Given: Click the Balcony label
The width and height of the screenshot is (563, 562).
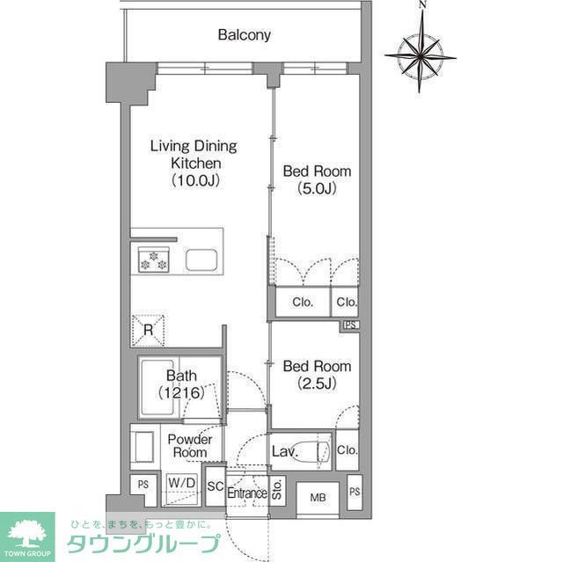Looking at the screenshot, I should tap(244, 36).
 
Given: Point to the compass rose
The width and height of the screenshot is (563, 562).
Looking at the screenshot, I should tap(420, 53).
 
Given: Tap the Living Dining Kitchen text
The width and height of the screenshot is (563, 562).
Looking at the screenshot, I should tap(194, 163).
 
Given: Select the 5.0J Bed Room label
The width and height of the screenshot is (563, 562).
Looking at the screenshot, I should tap(317, 179).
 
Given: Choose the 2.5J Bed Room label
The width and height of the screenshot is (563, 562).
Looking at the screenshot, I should tap(317, 374).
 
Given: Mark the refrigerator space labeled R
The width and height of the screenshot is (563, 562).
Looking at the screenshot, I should tap(150, 330).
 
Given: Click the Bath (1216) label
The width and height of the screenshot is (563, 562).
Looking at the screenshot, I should tap(181, 384).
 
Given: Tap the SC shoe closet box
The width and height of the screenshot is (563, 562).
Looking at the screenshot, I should tap(214, 485).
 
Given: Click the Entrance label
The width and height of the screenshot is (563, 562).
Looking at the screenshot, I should tap(246, 493).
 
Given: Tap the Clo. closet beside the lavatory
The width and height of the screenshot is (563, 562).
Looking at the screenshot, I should tap(347, 451).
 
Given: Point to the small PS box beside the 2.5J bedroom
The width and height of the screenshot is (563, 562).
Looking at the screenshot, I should tap(351, 325).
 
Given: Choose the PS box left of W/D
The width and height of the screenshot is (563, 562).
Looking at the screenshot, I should tap(142, 484).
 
